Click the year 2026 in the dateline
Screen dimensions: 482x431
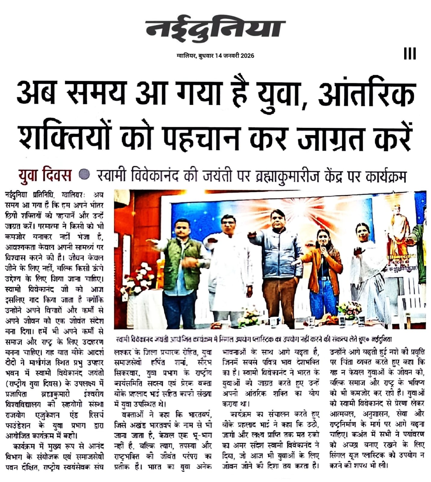(x=247, y=56)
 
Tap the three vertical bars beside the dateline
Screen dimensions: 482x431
(x=410, y=54)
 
